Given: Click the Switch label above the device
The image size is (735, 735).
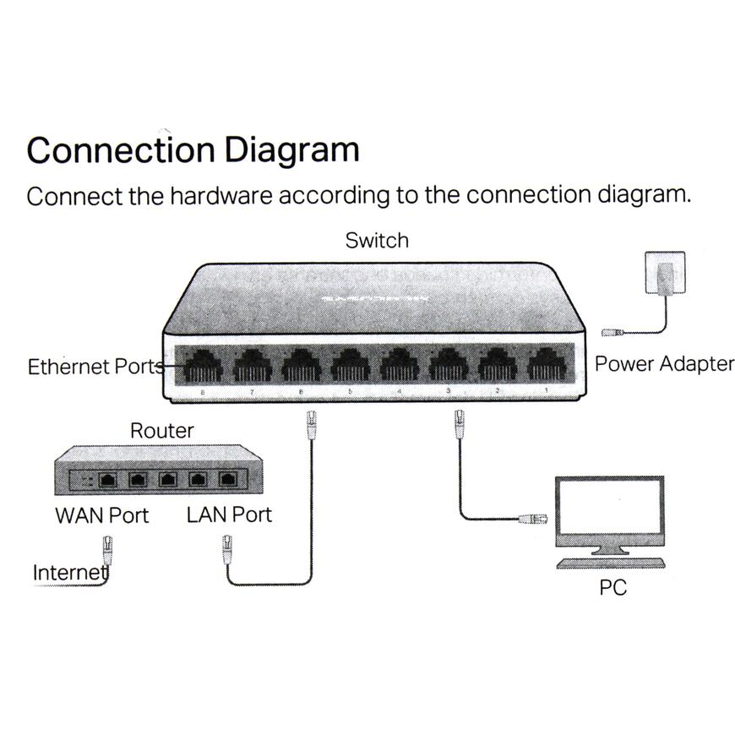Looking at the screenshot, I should click(x=377, y=241).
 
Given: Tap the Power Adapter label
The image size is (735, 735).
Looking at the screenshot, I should click(x=664, y=364).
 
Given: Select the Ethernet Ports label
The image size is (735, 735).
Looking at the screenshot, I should click(x=95, y=367).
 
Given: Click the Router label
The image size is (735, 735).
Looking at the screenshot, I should click(x=161, y=431).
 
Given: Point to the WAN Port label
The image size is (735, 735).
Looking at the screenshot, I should click(x=101, y=514).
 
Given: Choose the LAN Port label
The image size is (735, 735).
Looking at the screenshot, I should click(x=229, y=514).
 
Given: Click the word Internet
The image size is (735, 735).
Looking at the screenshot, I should click(x=70, y=573).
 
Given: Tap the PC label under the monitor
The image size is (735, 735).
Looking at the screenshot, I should click(x=612, y=587).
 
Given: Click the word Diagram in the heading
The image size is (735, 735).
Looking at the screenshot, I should click(x=291, y=150).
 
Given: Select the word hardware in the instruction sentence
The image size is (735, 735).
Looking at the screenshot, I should click(x=220, y=195).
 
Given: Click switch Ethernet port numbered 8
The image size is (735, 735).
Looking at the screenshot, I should click(x=202, y=367).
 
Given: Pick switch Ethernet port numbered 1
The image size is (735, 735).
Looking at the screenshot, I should click(x=547, y=367).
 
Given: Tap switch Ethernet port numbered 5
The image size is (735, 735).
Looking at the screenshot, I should click(x=350, y=367).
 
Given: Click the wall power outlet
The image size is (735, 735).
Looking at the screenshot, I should click(x=665, y=272).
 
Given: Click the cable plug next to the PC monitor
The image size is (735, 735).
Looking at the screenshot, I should click(x=534, y=517).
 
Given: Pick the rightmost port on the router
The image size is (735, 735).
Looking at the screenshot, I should click(x=226, y=480).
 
